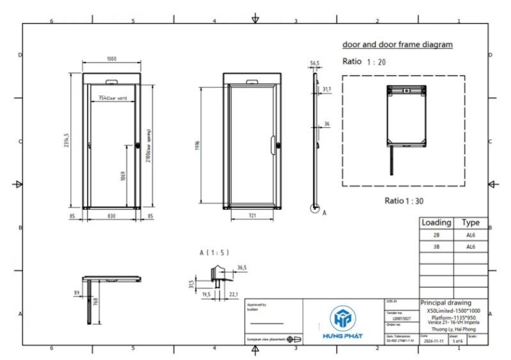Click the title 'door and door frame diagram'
(397, 45)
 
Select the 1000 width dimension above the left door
(112, 59)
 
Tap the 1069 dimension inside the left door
(123, 176)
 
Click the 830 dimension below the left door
(111, 216)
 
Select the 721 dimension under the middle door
(252, 216)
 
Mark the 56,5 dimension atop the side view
(314, 64)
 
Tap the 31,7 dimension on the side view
(327, 89)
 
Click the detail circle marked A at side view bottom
(314, 207)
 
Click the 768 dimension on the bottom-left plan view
(95, 301)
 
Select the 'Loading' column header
(436, 223)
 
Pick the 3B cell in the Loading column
(436, 246)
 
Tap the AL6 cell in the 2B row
(471, 235)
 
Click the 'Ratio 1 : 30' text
(404, 200)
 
